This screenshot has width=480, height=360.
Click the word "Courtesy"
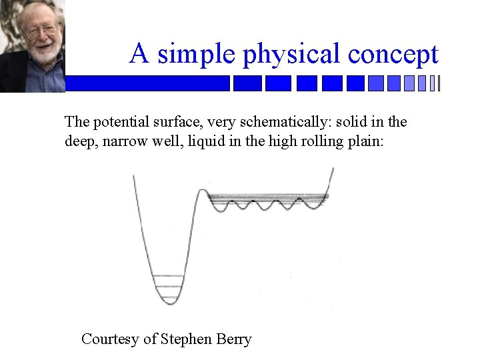tap(110, 339)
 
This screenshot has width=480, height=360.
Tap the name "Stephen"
tap(187, 339)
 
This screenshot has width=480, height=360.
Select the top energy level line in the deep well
tap(168, 275)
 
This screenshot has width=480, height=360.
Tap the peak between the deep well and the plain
tap(203, 191)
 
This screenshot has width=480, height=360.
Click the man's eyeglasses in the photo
tap(41, 31)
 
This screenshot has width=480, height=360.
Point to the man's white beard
tap(44, 53)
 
